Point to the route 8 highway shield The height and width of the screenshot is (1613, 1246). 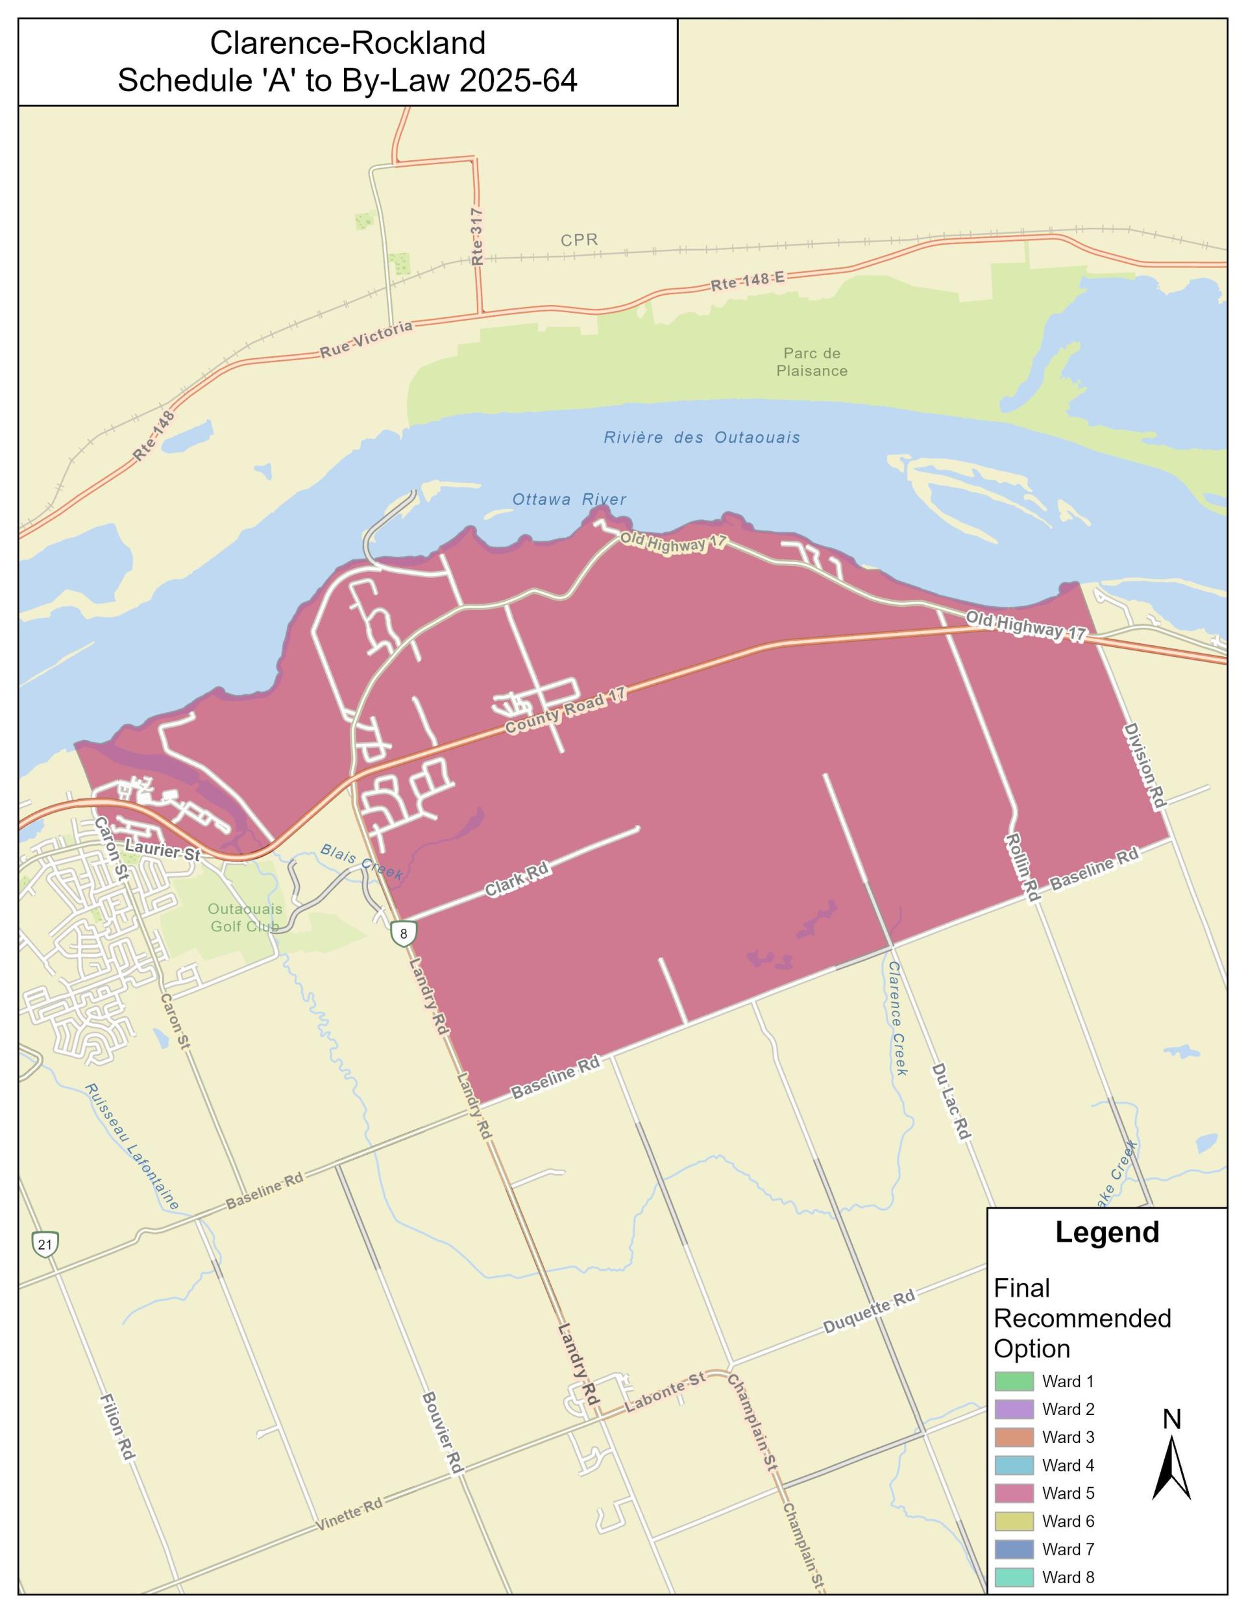pos(403,933)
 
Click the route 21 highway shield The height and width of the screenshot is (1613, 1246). pos(45,1244)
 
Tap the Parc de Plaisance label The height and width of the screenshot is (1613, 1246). pos(812,362)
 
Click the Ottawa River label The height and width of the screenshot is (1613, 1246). pos(568,499)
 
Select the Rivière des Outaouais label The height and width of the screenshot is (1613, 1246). pos(701,437)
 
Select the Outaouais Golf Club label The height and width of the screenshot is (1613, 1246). pos(245,917)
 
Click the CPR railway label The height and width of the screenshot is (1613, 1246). pos(578,240)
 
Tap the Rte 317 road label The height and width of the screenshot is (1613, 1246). pos(477,236)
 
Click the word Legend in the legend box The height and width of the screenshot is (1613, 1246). pos(1106,1232)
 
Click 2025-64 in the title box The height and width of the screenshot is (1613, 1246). pos(518,80)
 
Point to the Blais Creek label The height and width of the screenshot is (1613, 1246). pos(361,861)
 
